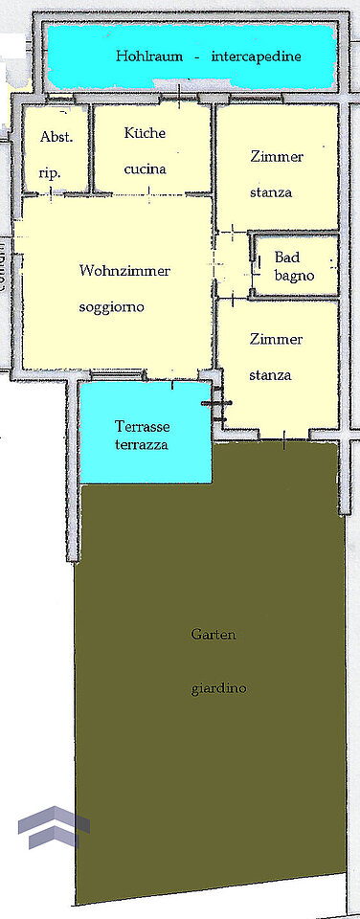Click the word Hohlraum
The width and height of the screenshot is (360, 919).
tap(149, 56)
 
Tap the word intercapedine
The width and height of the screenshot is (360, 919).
tap(257, 56)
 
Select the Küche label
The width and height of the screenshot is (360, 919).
tap(145, 132)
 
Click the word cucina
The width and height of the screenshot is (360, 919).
tap(145, 169)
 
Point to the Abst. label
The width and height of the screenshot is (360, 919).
tap(56, 137)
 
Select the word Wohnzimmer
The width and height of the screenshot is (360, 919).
tap(124, 271)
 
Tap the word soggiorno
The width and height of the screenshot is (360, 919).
tap(111, 307)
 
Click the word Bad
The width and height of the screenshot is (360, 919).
tap(287, 258)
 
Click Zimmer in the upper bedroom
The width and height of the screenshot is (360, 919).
tap(277, 156)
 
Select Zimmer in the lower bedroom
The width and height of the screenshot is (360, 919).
tap(276, 339)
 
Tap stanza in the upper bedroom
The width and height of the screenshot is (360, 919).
tap(271, 192)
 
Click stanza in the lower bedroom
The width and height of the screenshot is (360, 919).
tap(270, 375)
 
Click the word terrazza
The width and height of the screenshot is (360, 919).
tap(142, 444)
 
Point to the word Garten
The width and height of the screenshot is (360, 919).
tap(214, 634)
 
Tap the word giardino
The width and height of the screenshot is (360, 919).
tap(218, 688)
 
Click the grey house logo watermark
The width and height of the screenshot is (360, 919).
tap(54, 827)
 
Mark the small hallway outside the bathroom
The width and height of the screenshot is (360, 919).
tap(233, 264)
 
